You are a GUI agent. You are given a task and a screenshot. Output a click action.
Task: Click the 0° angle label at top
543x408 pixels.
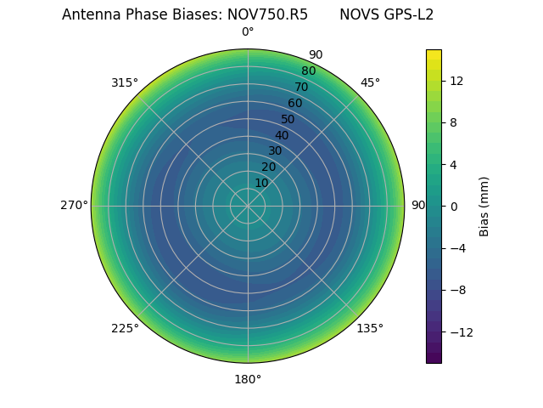(248, 32)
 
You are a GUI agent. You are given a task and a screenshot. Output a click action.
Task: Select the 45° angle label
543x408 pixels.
(370, 82)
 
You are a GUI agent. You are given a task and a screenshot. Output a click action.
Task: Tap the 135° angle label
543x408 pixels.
(370, 328)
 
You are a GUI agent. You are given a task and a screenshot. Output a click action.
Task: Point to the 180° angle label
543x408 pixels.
(248, 379)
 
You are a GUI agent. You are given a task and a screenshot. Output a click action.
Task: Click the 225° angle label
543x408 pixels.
(125, 328)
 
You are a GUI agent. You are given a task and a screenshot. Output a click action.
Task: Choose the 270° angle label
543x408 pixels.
(74, 205)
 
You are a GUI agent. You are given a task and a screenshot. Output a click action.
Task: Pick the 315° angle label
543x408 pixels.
(125, 82)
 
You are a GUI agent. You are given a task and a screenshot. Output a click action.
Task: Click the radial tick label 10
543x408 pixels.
(261, 183)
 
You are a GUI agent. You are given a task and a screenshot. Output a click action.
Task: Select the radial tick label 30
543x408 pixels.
(275, 150)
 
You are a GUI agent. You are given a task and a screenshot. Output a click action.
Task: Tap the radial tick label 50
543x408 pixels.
(288, 119)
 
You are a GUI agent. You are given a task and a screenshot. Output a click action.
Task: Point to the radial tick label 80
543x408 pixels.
(308, 71)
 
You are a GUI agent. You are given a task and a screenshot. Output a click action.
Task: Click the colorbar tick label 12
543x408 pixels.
(456, 80)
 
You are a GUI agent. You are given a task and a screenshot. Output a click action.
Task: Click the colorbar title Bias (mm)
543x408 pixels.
(484, 206)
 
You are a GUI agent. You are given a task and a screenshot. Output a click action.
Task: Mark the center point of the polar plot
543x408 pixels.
(248, 206)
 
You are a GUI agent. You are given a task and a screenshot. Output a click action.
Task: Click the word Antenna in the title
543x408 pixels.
(89, 14)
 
